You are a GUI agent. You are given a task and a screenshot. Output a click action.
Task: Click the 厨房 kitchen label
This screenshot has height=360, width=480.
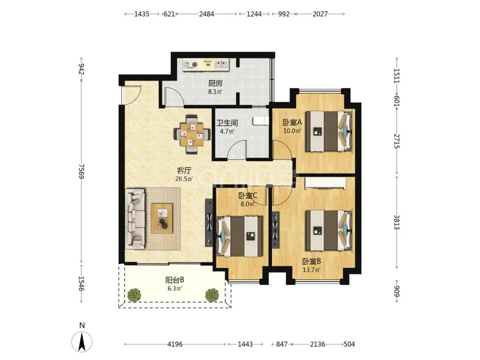tap(215, 83)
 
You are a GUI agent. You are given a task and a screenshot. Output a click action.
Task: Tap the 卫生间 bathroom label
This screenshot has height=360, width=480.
tap(227, 123)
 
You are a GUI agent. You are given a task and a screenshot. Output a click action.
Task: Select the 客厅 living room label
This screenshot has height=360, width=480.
tap(184, 171)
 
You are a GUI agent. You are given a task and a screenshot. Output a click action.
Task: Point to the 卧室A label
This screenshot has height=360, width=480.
tap(292, 123)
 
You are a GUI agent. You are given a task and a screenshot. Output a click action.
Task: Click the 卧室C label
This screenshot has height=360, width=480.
tap(248, 195)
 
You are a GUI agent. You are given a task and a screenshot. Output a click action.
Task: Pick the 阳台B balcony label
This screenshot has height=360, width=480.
tap(175, 280)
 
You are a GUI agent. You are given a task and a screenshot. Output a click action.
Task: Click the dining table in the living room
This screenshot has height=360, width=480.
tap(192, 134)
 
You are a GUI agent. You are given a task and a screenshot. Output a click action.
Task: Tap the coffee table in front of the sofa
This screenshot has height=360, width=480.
tap(162, 218)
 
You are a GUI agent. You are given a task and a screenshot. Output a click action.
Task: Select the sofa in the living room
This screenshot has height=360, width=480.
tap(135, 219)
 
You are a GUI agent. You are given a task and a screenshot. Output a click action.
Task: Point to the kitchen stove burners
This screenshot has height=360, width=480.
tap(191, 64)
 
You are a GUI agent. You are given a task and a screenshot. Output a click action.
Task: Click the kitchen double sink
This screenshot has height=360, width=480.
tap(221, 64)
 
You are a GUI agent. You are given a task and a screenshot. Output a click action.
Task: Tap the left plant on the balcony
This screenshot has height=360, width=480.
tap(134, 295)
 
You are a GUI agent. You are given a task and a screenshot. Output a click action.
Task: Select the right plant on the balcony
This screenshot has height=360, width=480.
tap(212, 295)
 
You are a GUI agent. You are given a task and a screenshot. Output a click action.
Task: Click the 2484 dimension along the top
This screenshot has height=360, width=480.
tap(207, 14)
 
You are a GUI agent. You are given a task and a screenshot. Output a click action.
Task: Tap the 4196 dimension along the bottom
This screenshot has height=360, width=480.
tap(175, 344)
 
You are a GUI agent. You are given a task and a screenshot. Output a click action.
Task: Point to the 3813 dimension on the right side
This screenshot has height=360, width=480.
tap(397, 223)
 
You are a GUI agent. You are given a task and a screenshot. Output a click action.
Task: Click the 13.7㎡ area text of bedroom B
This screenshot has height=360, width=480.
tap(311, 270)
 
